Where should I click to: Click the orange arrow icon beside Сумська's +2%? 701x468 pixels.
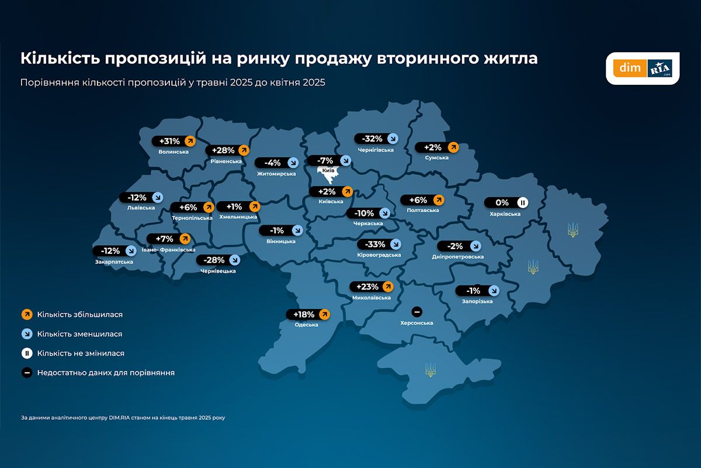453,147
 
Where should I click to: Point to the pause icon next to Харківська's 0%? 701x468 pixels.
523,203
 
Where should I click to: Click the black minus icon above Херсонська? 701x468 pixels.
417,311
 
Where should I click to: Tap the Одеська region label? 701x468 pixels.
306,325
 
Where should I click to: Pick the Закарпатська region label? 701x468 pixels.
113,261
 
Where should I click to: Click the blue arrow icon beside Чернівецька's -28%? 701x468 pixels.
235,260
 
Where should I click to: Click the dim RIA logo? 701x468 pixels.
642,68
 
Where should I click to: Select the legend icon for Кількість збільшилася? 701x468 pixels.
26,315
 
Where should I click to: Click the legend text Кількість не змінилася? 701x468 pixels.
81,353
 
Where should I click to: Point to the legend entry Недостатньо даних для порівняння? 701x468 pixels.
106,373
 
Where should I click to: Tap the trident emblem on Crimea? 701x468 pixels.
431,369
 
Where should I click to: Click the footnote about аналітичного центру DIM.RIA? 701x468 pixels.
123,418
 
